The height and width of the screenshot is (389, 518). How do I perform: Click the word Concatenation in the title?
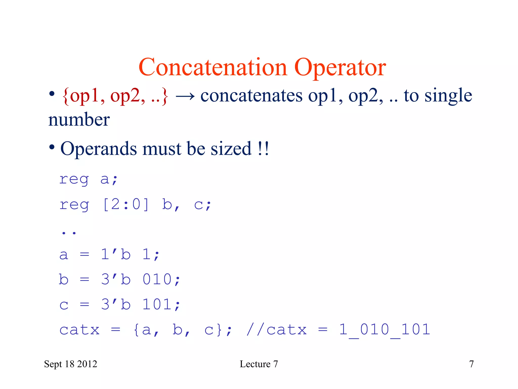tap(213, 67)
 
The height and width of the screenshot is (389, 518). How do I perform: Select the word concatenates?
tap(251, 96)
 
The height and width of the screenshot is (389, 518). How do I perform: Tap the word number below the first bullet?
tap(79, 120)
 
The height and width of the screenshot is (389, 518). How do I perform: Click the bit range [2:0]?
tap(126, 205)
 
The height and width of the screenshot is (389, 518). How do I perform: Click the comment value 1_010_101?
tap(384, 329)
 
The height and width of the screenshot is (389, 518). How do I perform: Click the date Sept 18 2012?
tap(71, 364)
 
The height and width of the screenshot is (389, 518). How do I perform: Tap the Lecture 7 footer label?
tap(259, 364)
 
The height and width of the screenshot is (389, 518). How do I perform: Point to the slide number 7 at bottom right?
tap(471, 364)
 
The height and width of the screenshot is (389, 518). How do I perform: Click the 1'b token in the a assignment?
tap(116, 254)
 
